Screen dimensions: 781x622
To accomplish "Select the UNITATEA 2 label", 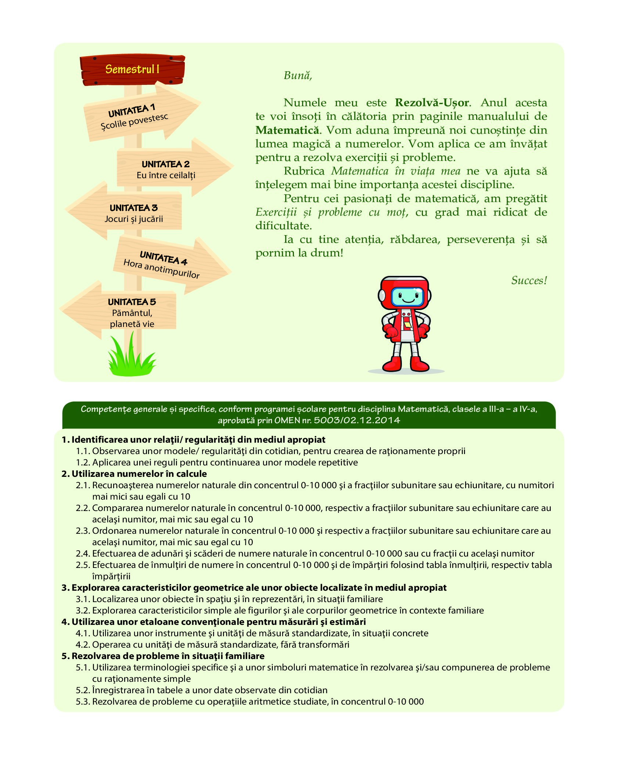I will tap(166, 164).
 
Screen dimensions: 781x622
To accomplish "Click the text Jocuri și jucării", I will tap(134, 219).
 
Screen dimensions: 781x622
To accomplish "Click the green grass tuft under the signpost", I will tap(130, 358).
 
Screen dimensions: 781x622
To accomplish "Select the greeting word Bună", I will tap(298, 76).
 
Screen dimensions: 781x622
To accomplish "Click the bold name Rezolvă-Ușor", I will tap(432, 103).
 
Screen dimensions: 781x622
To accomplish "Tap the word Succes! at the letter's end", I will tap(529, 281).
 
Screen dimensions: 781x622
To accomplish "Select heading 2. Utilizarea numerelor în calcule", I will tap(134, 474).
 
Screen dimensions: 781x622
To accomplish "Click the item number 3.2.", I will tap(83, 611).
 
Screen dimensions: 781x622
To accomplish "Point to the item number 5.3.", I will tap(83, 702).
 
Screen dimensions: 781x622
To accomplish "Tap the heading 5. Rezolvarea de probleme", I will tap(163, 656).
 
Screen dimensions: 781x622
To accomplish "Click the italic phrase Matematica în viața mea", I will tap(396, 171).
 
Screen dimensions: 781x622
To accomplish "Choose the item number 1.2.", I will tap(83, 463).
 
